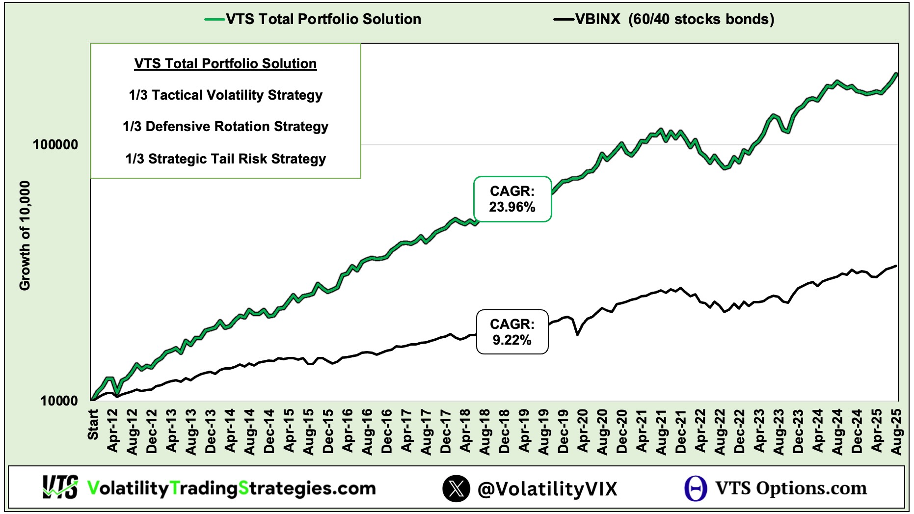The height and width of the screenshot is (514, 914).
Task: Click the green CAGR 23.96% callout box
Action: tap(512, 199)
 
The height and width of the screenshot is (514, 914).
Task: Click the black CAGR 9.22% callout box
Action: tap(512, 332)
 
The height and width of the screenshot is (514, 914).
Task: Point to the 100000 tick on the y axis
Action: tap(55, 145)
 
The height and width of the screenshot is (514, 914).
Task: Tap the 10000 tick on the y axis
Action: tap(59, 401)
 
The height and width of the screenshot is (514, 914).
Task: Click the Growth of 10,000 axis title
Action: tap(25, 236)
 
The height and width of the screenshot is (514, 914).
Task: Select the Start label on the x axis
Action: tap(93, 425)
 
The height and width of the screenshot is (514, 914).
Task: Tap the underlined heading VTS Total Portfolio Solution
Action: tap(225, 64)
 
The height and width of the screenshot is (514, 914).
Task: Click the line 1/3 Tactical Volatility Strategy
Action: tap(225, 95)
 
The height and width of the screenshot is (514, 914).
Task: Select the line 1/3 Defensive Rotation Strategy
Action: tap(225, 127)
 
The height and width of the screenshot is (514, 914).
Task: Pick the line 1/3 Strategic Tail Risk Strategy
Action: tap(225, 159)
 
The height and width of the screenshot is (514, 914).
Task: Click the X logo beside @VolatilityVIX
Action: tap(456, 488)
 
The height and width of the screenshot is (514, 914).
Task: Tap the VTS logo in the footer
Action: tap(60, 487)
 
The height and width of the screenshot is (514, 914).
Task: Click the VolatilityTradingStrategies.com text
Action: tap(231, 488)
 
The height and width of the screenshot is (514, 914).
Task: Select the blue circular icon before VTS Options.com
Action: tap(696, 488)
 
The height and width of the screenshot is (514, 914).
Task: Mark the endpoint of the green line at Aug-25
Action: tap(897, 74)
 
